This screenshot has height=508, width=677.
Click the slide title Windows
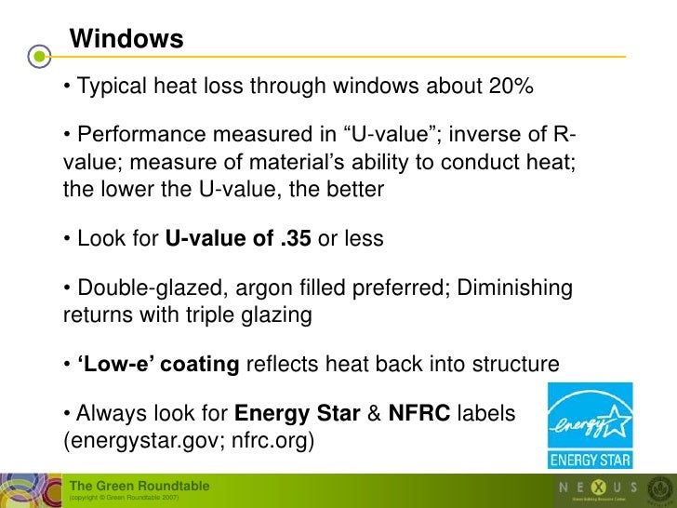[x=126, y=40]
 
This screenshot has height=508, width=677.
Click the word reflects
[x=281, y=365]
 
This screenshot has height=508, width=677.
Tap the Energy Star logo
[x=590, y=425]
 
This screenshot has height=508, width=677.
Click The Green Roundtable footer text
[x=140, y=486]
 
